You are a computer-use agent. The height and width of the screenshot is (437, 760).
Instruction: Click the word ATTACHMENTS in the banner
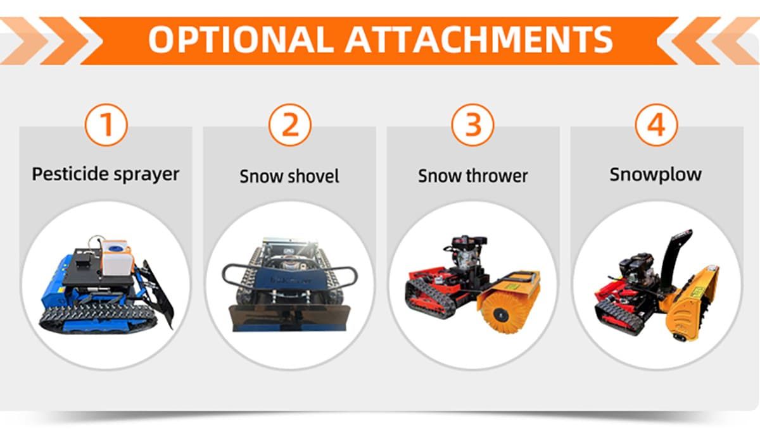tap(479, 39)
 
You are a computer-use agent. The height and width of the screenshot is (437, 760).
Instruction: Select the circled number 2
tap(289, 125)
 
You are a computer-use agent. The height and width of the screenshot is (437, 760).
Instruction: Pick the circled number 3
tap(473, 125)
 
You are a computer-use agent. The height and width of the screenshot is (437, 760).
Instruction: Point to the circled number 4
tap(657, 125)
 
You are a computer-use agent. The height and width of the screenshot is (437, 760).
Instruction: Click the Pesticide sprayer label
tap(106, 174)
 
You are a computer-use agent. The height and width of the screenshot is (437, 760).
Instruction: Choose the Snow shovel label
tap(289, 176)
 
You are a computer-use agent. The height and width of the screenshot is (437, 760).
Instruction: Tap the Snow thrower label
tap(472, 175)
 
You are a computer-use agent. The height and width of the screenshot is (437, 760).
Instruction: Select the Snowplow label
tap(655, 174)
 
